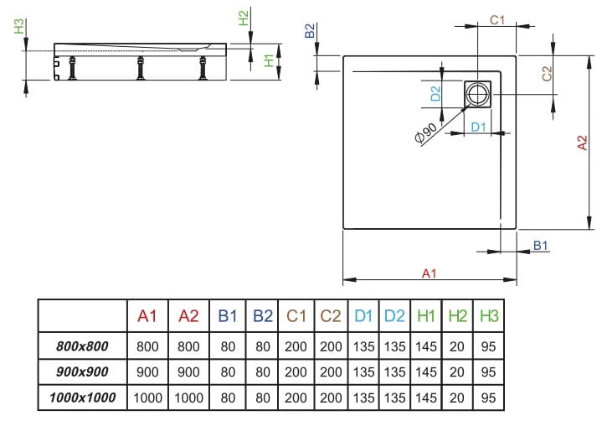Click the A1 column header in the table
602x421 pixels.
tap(147, 316)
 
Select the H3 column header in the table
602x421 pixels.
tap(490, 316)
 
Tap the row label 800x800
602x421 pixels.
tap(82, 345)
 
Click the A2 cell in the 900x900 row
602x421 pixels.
tap(188, 371)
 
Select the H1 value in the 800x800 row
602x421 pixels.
tap(426, 345)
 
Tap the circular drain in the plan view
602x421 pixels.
tap(479, 94)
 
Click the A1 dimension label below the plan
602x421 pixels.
tap(429, 273)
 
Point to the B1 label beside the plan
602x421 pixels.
tap(540, 245)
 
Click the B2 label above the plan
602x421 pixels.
tap(310, 32)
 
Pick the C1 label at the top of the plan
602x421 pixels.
tap(496, 18)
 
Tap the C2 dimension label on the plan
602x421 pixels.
tap(547, 74)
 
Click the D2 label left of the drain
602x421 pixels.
tap(436, 93)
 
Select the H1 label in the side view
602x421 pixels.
tap(268, 60)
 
